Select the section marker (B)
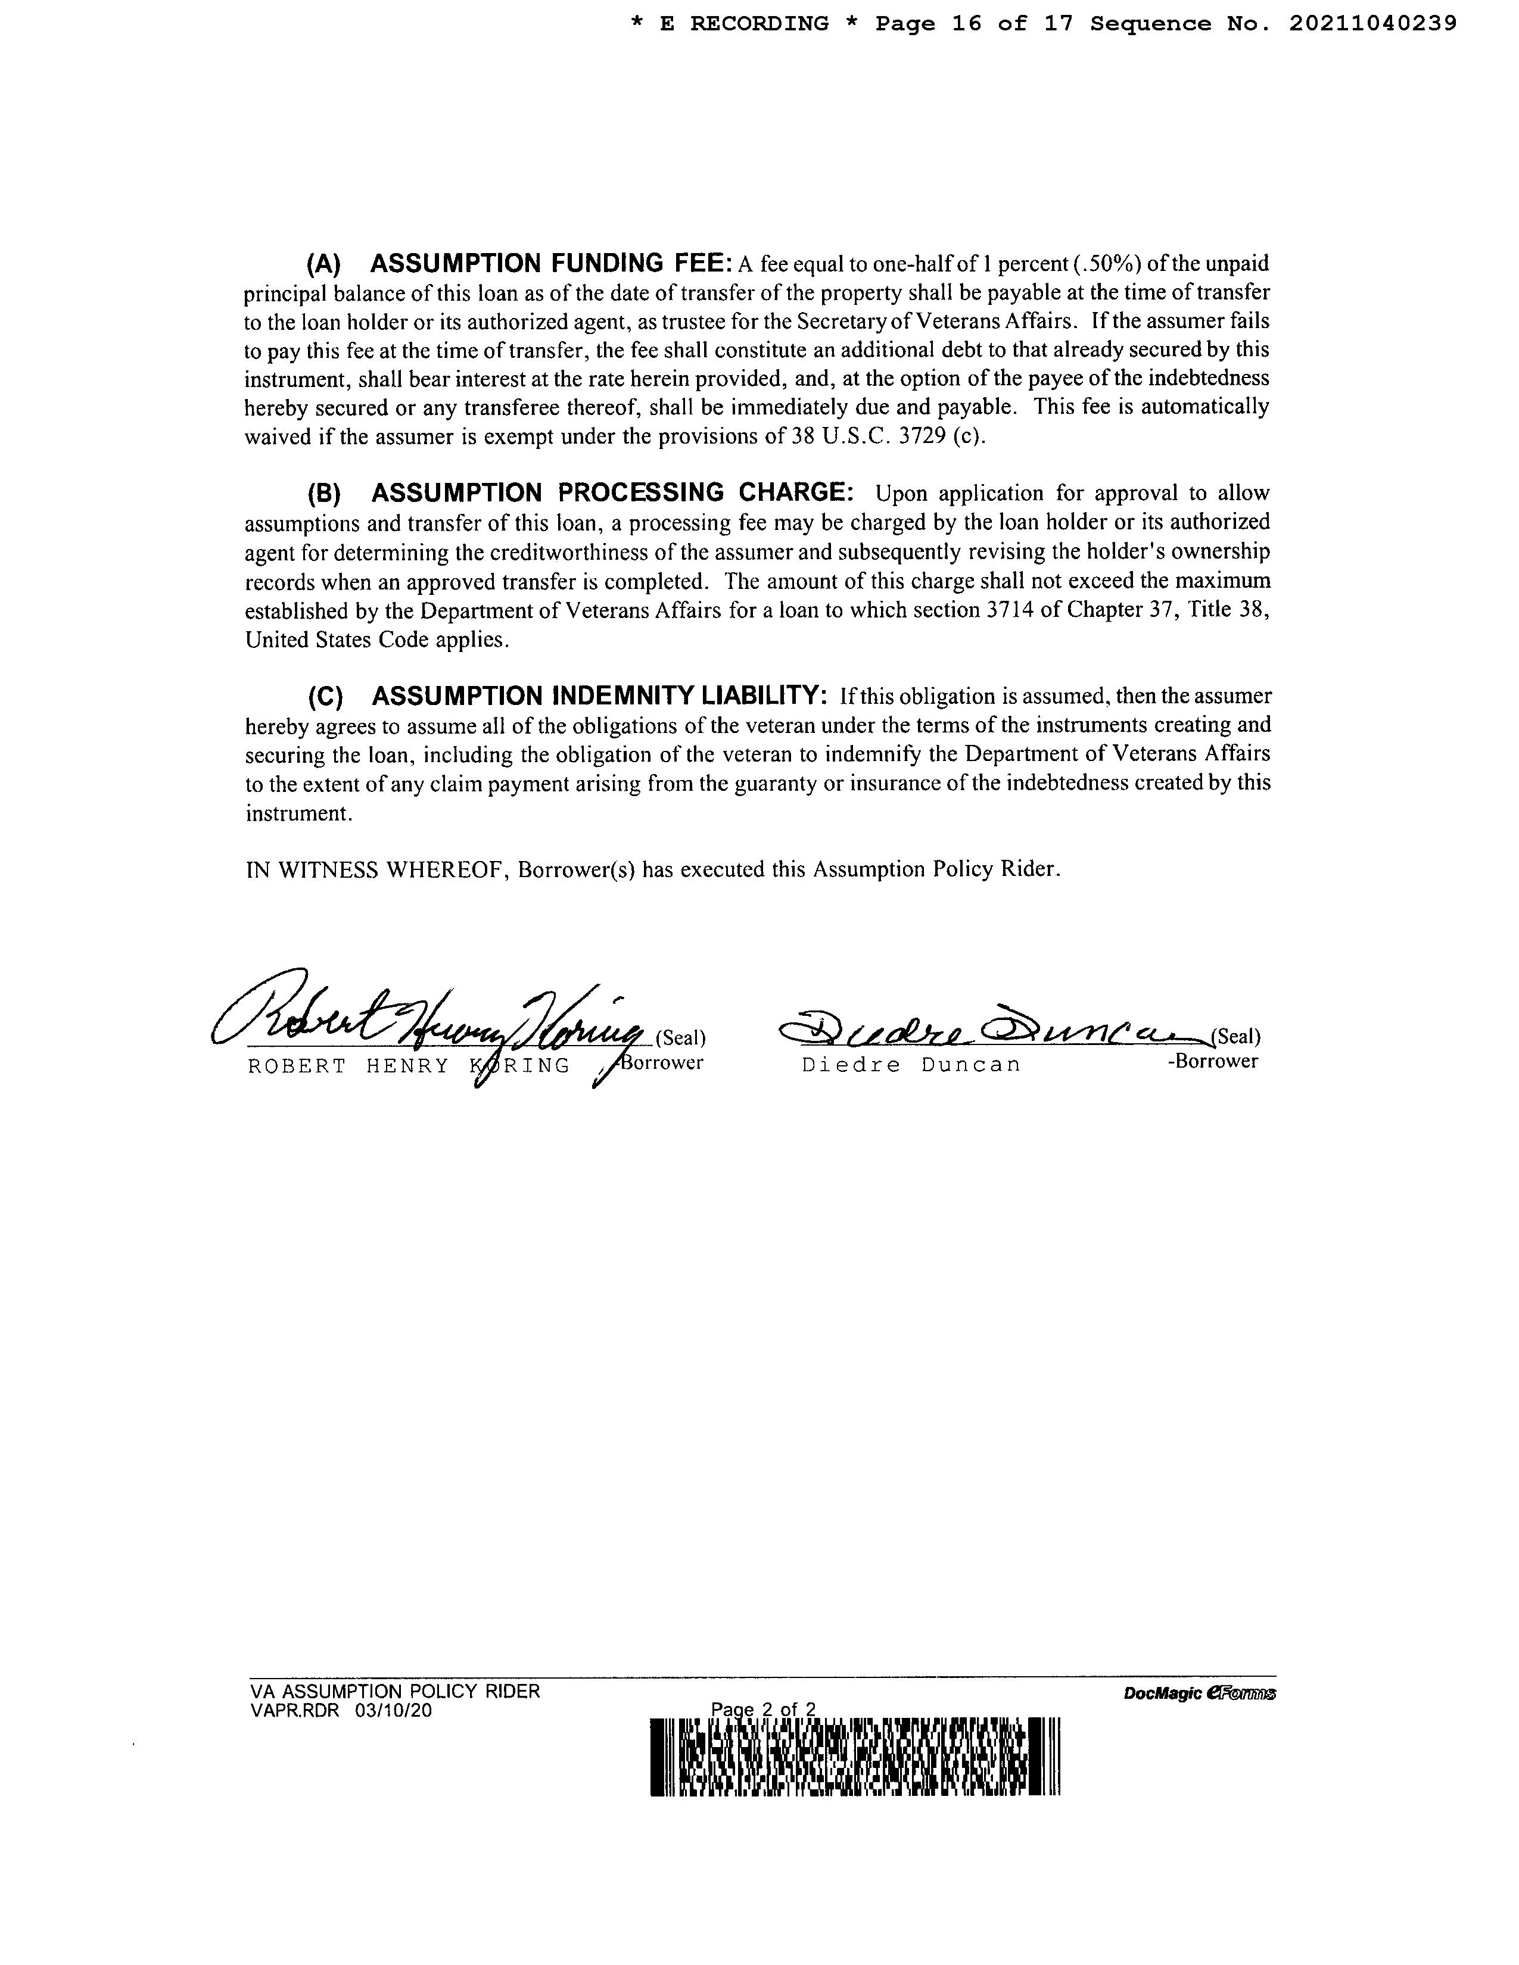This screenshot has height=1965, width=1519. pyautogui.click(x=324, y=493)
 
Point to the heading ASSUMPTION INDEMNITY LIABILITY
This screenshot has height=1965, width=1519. pyautogui.click(x=599, y=695)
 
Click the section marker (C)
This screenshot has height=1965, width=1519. pyautogui.click(x=325, y=697)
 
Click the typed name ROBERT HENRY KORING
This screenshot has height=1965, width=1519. pyautogui.click(x=409, y=1066)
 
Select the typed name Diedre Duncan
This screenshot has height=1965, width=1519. pyautogui.click(x=911, y=1065)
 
